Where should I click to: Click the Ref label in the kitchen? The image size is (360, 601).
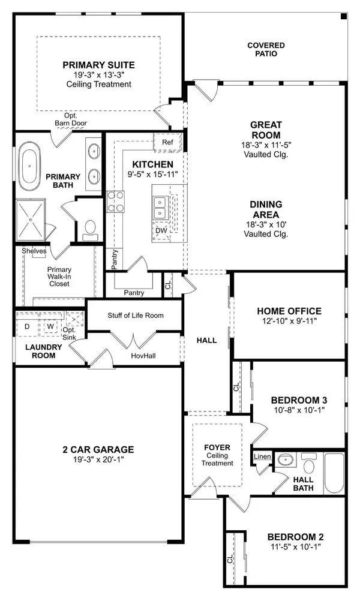pyautogui.click(x=167, y=143)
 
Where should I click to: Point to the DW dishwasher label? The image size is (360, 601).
pyautogui.click(x=160, y=230)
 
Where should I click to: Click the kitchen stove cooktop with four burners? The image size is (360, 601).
pyautogui.click(x=115, y=202)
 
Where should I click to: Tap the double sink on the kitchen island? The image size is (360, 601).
pyautogui.click(x=160, y=206)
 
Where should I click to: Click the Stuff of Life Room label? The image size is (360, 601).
pyautogui.click(x=136, y=315)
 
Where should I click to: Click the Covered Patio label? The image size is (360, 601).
pyautogui.click(x=265, y=49)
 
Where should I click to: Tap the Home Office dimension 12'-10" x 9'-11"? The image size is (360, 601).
pyautogui.click(x=289, y=321)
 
